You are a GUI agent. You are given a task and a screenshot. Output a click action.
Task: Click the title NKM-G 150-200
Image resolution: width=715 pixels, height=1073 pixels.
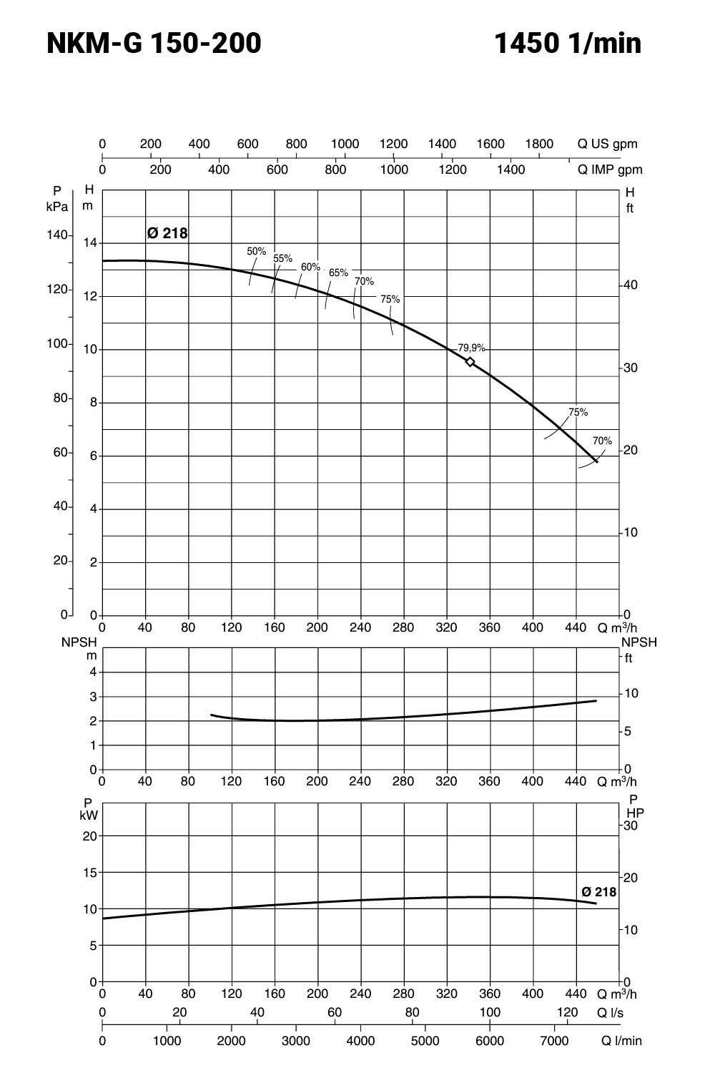pos(154,44)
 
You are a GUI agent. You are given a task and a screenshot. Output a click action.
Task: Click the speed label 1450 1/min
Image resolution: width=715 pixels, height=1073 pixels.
pos(568,44)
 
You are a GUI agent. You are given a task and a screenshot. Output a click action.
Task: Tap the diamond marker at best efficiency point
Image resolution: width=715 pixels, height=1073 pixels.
pos(470,362)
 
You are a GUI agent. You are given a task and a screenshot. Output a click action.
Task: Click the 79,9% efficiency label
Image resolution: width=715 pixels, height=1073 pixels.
pos(471,348)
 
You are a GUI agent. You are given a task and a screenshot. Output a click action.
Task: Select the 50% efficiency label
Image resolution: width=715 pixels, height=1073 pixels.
pos(256,251)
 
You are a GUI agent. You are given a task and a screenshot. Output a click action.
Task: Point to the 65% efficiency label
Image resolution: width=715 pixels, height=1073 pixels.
pos(338,273)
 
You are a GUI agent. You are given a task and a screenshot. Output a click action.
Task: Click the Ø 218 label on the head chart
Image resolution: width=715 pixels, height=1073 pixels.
pos(167,233)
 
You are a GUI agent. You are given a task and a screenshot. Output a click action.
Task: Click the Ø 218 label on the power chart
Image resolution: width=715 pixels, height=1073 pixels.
pos(598,892)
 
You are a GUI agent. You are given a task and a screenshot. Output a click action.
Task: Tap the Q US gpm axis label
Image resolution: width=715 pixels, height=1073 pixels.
pos(607,144)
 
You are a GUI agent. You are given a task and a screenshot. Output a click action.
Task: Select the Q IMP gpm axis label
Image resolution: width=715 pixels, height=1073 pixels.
pos(610,170)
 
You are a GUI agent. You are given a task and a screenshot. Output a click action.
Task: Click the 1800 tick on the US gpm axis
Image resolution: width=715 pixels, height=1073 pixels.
pos(539,144)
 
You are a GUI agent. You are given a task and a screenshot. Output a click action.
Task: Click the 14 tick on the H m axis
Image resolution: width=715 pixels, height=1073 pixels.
pos(89,243)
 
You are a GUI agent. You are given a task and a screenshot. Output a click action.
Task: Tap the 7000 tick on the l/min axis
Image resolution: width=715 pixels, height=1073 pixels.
pos(554,1041)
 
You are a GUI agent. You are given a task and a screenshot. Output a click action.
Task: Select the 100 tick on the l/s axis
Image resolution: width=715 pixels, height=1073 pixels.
pos(490,1012)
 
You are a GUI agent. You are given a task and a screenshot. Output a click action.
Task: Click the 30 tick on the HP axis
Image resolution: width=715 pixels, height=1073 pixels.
pos(629,825)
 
